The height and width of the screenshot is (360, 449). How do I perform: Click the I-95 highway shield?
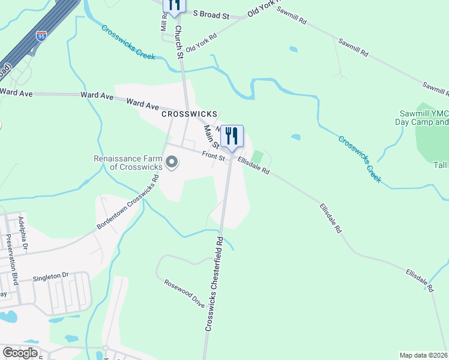41,36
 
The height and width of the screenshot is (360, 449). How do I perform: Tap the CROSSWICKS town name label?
188,113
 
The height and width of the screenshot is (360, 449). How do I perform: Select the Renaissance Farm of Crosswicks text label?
128,163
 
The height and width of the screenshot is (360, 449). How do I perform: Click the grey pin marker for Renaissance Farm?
172,163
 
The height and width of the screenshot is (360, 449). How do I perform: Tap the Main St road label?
211,135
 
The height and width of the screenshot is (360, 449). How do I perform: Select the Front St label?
213,156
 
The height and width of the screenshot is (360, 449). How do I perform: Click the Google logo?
20,353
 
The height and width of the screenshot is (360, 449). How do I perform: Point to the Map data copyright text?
424,355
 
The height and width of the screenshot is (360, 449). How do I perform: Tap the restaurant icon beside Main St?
232,137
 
